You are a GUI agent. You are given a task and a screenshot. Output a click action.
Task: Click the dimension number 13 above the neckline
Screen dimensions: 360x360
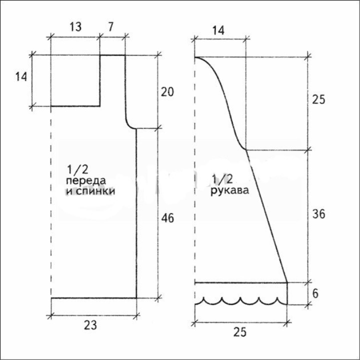(x=75, y=27)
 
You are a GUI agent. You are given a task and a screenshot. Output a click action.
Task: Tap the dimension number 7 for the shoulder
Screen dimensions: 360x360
(x=110, y=27)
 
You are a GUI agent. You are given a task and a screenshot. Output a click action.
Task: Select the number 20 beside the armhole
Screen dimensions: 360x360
(x=167, y=92)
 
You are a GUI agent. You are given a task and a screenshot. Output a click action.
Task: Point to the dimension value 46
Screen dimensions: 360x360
(x=167, y=218)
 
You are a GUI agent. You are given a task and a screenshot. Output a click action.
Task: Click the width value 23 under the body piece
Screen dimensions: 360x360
(x=90, y=325)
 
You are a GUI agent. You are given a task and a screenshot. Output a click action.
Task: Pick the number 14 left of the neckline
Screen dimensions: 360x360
(x=21, y=76)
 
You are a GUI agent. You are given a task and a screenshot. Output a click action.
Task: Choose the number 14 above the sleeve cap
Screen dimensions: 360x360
(x=218, y=30)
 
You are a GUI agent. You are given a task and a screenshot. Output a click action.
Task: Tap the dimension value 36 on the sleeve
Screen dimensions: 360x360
(x=318, y=214)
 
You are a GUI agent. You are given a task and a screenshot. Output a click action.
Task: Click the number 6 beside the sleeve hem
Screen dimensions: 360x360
(x=315, y=293)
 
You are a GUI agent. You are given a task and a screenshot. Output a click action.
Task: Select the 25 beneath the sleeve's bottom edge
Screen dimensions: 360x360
(x=239, y=332)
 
